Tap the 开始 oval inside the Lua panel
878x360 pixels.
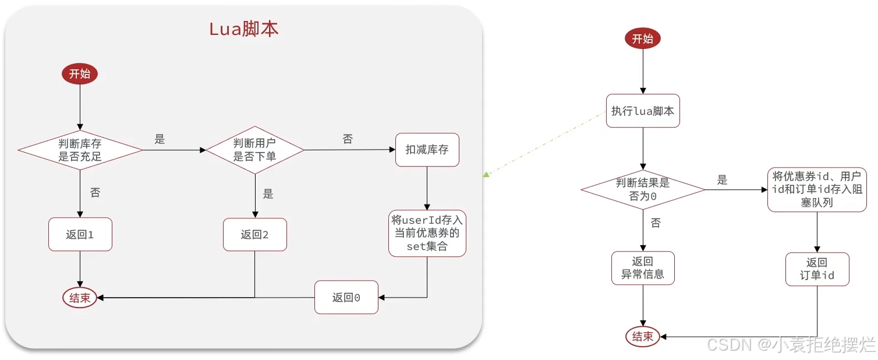(80, 74)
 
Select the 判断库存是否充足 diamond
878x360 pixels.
(80, 150)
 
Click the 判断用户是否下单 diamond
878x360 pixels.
(255, 150)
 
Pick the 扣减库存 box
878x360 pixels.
(427, 150)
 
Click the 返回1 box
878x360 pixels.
(80, 235)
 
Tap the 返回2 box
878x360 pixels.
(255, 235)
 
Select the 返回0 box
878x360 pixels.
(346, 297)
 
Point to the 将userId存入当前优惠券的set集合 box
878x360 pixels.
(427, 234)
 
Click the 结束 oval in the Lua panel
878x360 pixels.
(80, 298)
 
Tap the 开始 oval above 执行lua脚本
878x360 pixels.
(643, 39)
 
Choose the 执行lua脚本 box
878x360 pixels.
(643, 111)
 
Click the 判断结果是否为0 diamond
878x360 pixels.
(643, 189)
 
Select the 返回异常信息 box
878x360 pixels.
(643, 268)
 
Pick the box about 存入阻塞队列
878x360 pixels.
(818, 189)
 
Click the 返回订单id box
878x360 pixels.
(817, 269)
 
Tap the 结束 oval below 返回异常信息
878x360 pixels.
(643, 336)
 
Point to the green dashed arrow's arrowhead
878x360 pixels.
(486, 174)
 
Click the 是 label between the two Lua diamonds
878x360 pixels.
(160, 139)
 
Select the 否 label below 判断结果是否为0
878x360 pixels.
(656, 223)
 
